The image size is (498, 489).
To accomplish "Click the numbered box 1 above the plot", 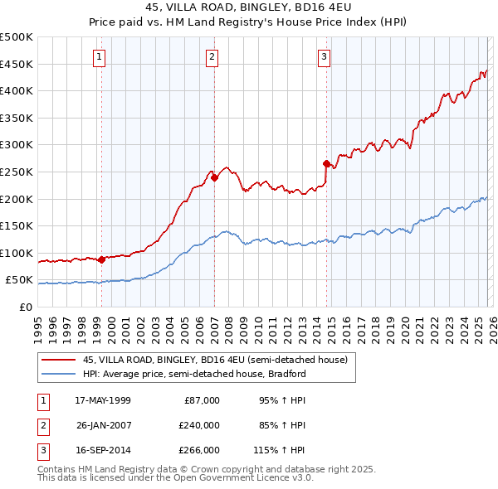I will point(99,57).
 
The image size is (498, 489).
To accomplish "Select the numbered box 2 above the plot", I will point(212,57).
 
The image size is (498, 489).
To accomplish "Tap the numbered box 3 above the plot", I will point(324,57).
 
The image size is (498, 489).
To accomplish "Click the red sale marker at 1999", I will point(102,259).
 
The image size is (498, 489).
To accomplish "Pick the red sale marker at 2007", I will point(214,177).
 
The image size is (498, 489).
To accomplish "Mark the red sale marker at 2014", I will point(326,162).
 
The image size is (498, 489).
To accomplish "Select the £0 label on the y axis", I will point(26,307).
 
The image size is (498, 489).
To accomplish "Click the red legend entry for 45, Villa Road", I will point(219,360).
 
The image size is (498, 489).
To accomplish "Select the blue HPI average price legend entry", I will point(194,374).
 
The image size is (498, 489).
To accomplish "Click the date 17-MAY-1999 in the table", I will point(103,400).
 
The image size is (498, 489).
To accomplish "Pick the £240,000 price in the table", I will point(199,425).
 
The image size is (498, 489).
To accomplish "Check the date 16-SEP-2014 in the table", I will point(103,450).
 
